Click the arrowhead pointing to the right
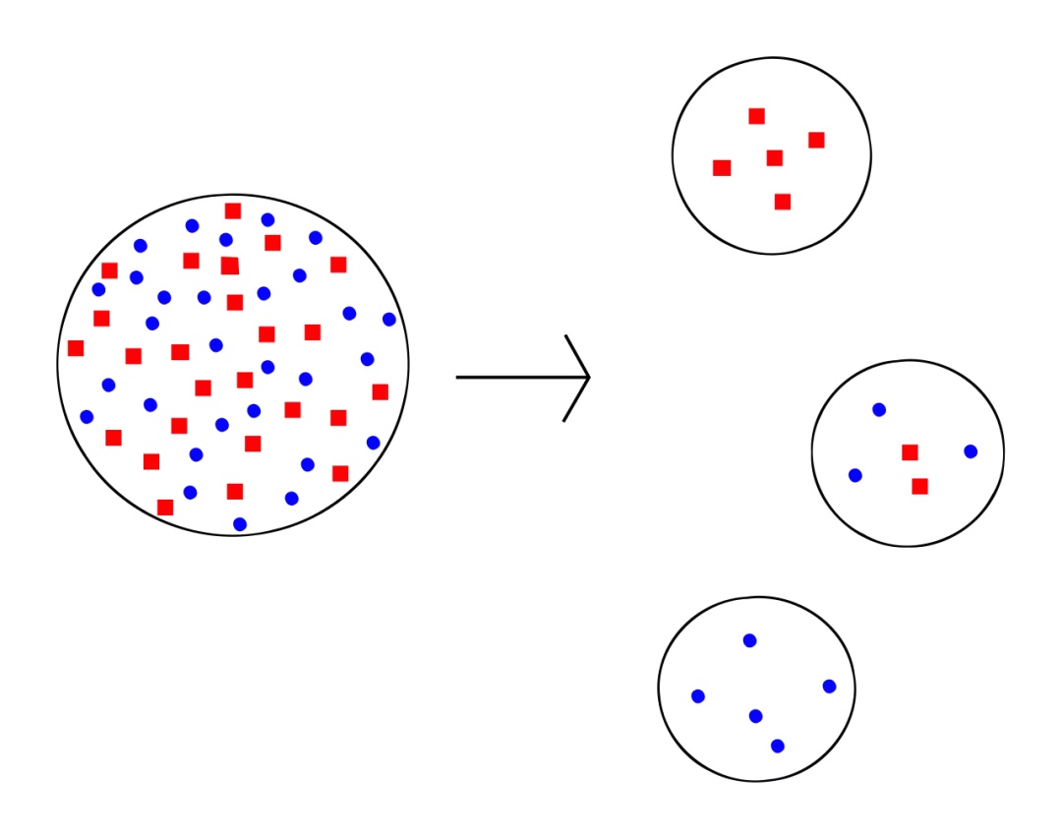tap(586, 377)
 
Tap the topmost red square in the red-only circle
tap(756, 116)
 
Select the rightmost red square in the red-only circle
tap(816, 140)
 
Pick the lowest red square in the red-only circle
tap(782, 202)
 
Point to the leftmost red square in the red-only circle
tap(722, 168)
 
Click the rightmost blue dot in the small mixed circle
tap(971, 451)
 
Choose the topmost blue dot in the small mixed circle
tap(879, 409)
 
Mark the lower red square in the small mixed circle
tap(919, 486)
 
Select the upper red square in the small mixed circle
tap(910, 452)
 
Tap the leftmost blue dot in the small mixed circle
tap(855, 475)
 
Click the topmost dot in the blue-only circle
tap(749, 640)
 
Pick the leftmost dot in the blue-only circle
tap(698, 696)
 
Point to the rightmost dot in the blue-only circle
tap(829, 687)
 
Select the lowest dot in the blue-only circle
tap(778, 746)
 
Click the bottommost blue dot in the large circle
tap(240, 524)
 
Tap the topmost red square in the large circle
tap(233, 210)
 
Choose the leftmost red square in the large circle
tap(76, 348)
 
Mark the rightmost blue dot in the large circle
tap(389, 319)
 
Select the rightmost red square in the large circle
tap(381, 391)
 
